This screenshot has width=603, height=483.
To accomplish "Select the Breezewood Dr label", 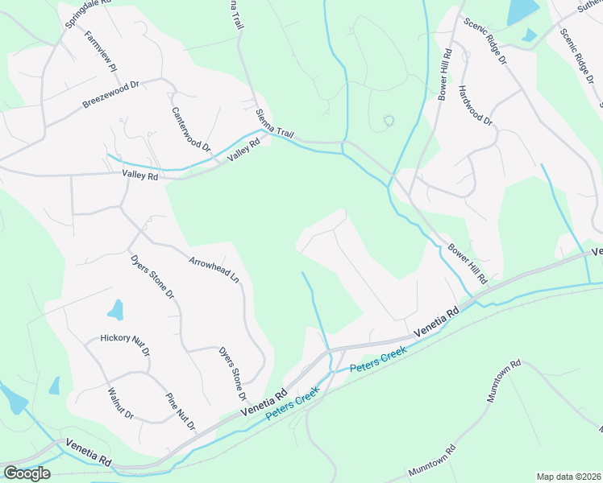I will coord(111,94).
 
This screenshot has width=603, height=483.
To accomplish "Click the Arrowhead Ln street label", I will coord(214,269).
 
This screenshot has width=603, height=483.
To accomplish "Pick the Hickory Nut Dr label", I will coord(126,345).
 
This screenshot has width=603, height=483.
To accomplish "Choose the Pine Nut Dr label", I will coord(180,411).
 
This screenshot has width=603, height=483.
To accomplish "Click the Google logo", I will coord(27,473).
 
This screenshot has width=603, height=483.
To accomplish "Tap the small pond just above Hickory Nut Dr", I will coord(116,310).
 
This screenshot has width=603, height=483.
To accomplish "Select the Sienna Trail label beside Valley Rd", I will coord(272,126).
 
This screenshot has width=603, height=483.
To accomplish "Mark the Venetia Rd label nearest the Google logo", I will coord(88,453).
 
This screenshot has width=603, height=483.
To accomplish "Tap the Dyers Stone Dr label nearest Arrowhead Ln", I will coord(152,278).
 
